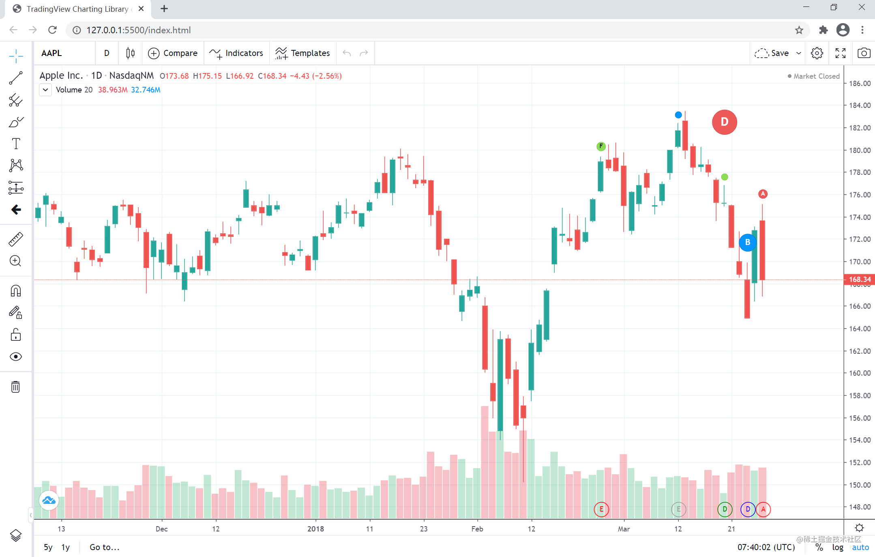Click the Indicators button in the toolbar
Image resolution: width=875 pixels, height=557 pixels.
coord(236,53)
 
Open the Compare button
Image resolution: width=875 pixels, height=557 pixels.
coord(173,53)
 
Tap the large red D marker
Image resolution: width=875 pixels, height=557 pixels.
coord(724,122)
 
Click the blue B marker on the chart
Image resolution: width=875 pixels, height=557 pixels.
coord(747,243)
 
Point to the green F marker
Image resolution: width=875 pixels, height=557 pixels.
coord(601,146)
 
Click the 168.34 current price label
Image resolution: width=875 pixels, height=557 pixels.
coord(859,279)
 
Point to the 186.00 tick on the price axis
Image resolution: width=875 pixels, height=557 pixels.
coord(860,84)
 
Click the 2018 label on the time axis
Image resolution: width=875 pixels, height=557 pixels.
coord(315,529)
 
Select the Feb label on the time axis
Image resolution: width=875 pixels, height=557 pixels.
coord(477,529)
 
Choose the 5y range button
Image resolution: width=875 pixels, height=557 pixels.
coord(48,547)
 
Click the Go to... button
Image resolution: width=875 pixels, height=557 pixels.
coord(105,547)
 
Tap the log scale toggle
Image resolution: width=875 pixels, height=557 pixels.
coord(838,547)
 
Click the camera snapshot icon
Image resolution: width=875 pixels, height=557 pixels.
coord(864,53)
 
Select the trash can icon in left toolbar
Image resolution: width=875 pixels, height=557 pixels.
coord(16,387)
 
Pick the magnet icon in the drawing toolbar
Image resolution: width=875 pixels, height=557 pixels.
coord(16,291)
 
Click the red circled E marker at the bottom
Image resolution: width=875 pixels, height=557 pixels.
coord(601,509)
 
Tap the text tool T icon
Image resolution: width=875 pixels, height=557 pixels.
coord(16,144)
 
